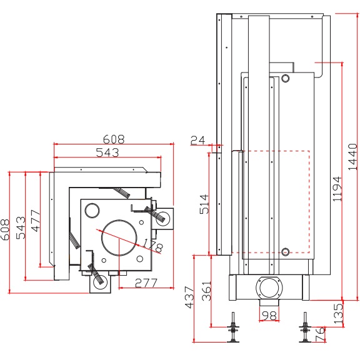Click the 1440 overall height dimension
[x=352, y=157]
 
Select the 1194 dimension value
[x=337, y=189]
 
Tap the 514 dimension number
[x=204, y=204]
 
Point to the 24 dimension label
[x=197, y=140]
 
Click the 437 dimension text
[x=190, y=298]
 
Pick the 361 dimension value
[x=206, y=291]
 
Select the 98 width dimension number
[x=269, y=316]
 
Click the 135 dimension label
[x=338, y=313]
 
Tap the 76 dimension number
[x=320, y=334]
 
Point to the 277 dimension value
[x=146, y=283]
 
